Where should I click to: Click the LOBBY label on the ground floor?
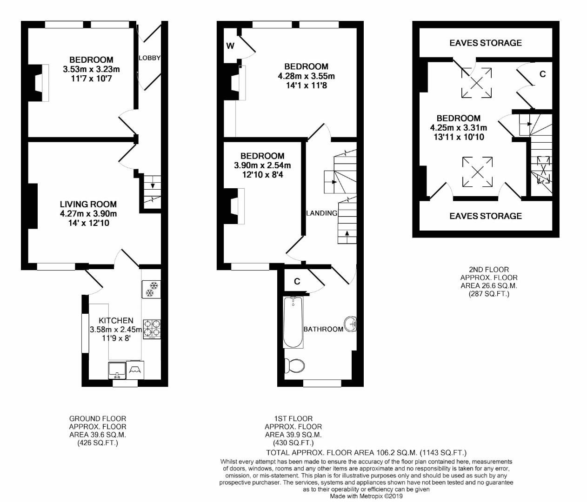149,58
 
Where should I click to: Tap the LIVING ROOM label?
88,204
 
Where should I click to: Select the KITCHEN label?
116,320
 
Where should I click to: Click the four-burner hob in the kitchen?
152,329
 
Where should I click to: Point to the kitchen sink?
117,370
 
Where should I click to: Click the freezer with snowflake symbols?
151,289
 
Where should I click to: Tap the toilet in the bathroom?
294,366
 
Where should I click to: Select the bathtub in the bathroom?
293,323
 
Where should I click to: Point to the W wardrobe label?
230,46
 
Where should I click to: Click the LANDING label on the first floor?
322,213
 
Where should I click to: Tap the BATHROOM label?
323,329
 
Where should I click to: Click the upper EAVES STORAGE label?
486,43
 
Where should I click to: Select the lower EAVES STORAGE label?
486,216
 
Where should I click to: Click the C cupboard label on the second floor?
542,74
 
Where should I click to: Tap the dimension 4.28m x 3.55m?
306,76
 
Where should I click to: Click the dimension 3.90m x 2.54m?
262,165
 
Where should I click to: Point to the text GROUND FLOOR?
98,419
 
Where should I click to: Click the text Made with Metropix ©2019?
366,496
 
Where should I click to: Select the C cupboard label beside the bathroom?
297,281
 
